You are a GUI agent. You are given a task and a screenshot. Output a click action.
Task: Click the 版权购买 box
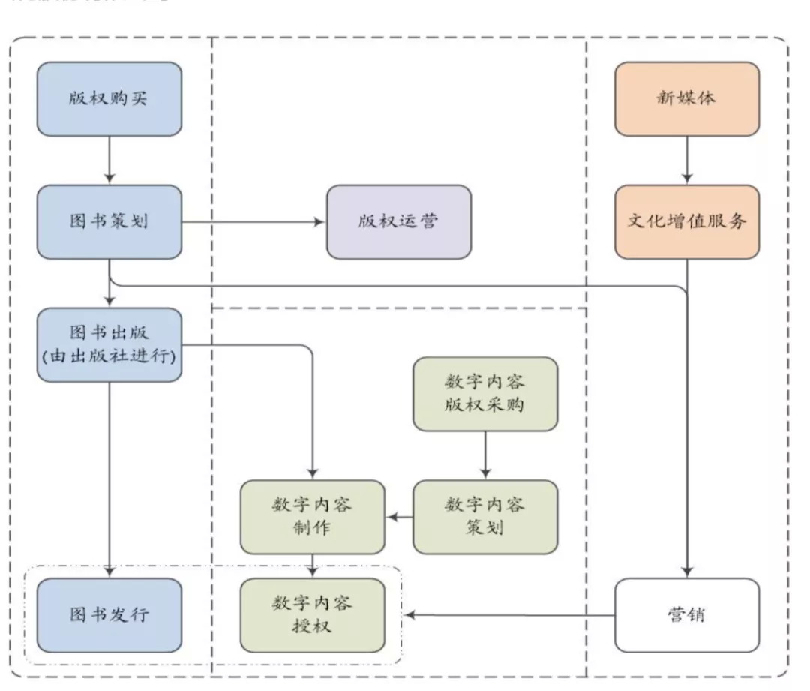click(109, 99)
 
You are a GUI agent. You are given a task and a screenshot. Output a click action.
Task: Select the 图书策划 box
click(109, 222)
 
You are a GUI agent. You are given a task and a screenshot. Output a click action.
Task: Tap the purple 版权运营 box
click(399, 222)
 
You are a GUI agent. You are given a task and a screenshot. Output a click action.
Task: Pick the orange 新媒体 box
click(687, 99)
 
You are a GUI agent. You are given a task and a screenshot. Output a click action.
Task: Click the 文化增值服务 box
click(687, 222)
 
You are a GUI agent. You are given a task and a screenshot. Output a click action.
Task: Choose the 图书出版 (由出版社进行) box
click(109, 344)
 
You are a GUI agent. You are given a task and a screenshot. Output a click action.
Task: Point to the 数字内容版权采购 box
click(485, 394)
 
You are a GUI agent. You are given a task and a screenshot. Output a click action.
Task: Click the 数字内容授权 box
click(312, 615)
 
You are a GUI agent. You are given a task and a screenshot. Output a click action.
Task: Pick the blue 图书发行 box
click(109, 615)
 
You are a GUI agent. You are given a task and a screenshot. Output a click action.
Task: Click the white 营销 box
click(687, 615)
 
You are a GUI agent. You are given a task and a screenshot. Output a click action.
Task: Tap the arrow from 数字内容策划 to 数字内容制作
click(399, 517)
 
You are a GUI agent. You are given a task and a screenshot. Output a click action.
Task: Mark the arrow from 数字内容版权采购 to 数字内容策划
click(485, 455)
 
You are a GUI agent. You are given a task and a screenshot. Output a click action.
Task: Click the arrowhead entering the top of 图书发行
click(109, 572)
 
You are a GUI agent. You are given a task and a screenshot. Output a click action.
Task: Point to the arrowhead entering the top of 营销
click(687, 572)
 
